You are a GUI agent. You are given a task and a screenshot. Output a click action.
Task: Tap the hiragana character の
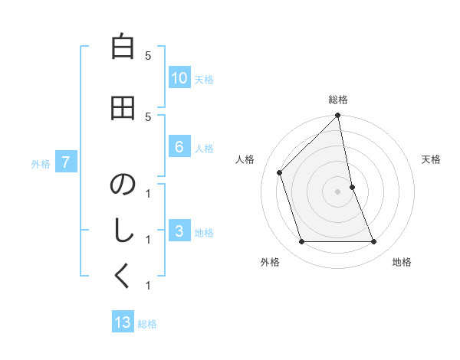point(123,185)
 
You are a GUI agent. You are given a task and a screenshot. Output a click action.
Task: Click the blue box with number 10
point(179,78)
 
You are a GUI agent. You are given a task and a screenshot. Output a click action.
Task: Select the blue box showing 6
point(179,148)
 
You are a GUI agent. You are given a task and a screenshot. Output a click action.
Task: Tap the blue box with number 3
point(179,232)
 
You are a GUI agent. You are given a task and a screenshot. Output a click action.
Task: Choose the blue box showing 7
point(66,162)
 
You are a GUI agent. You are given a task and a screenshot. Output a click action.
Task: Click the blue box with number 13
point(123,322)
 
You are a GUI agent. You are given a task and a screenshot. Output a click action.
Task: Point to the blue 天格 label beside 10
point(204,79)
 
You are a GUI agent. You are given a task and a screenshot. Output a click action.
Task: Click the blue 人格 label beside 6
point(204,149)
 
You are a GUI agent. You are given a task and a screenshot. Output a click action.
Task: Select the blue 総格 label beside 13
point(147,324)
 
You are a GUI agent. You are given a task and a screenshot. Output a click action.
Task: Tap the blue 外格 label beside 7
point(41,163)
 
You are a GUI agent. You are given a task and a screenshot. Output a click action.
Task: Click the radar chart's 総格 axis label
point(338,100)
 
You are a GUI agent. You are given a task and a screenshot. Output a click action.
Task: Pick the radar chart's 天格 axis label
point(431,159)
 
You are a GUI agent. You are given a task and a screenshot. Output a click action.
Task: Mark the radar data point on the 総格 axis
point(338,116)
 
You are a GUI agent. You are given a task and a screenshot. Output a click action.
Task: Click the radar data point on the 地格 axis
point(374,242)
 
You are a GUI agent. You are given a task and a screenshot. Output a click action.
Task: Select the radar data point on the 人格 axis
point(280,172)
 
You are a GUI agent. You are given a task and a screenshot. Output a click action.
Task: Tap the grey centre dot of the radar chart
point(338,191)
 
